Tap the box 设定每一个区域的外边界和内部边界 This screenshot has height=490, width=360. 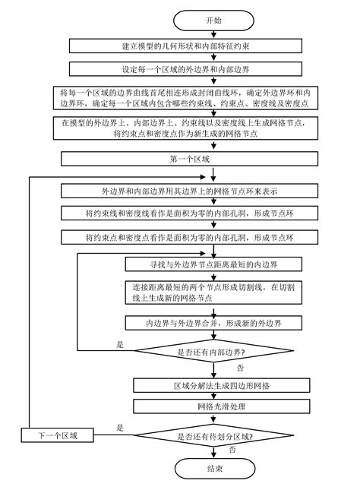click(x=179, y=70)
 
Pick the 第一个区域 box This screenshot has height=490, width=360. click(x=179, y=159)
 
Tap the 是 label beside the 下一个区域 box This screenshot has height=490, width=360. click(x=120, y=428)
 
